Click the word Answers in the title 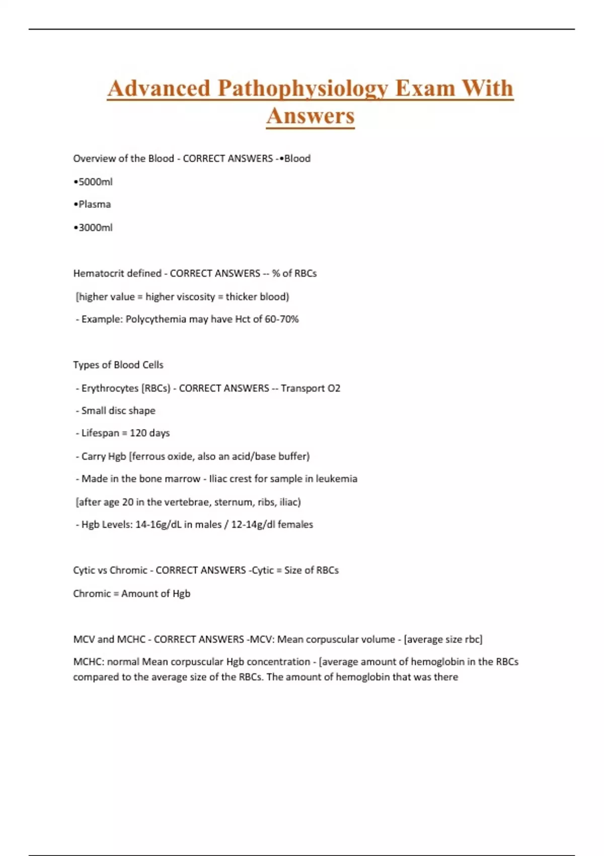[x=311, y=116]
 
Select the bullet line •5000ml [x=93, y=182]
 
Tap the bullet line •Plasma [x=92, y=204]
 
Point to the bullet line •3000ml [x=93, y=228]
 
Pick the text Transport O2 [x=311, y=388]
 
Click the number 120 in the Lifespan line [x=138, y=433]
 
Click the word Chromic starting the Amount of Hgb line [x=92, y=594]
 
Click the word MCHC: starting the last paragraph [x=89, y=662]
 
